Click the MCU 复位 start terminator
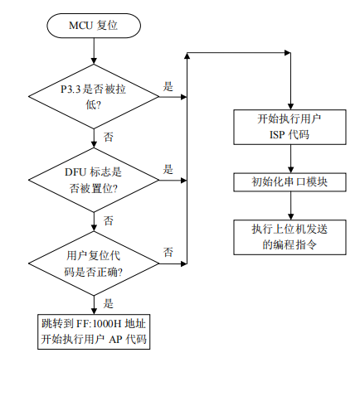point(93,27)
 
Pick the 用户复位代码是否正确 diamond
point(93,262)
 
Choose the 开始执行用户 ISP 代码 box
point(289,127)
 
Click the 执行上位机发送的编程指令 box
point(289,237)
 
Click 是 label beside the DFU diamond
point(168,169)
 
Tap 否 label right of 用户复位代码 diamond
point(168,251)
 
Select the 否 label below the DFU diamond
point(109,220)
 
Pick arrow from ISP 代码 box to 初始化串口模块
point(289,158)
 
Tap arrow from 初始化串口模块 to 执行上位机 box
point(289,206)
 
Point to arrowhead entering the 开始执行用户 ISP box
point(289,105)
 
